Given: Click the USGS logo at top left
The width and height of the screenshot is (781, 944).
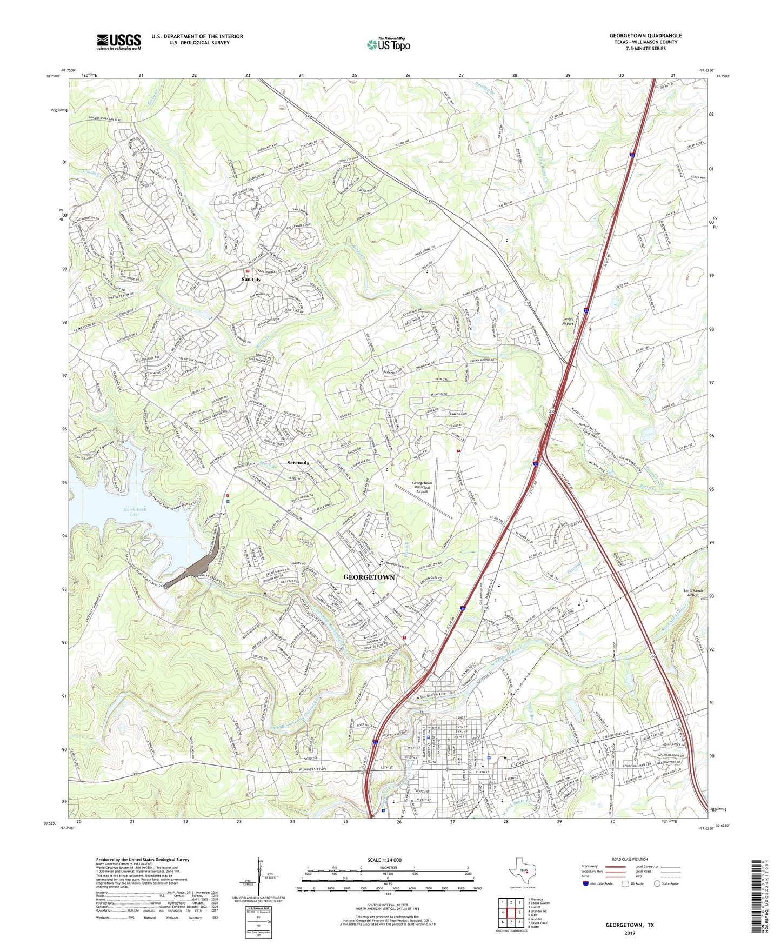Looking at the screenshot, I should [x=118, y=42].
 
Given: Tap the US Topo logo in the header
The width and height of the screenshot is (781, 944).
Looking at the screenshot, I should [x=388, y=44].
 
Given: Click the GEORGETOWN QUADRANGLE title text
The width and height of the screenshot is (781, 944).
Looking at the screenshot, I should [x=645, y=36].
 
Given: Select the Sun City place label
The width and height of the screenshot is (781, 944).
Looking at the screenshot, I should [x=251, y=280].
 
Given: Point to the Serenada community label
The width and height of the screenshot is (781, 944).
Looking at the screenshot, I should [x=298, y=463].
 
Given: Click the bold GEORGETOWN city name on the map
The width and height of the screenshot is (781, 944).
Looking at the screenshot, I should [x=369, y=577].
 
